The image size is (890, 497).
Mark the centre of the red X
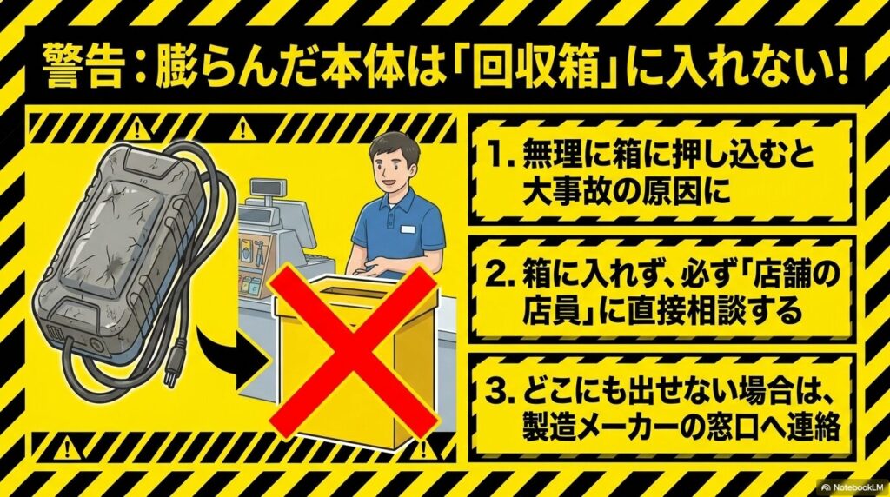coord(353,351)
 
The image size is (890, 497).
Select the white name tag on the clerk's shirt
coord(408,229)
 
